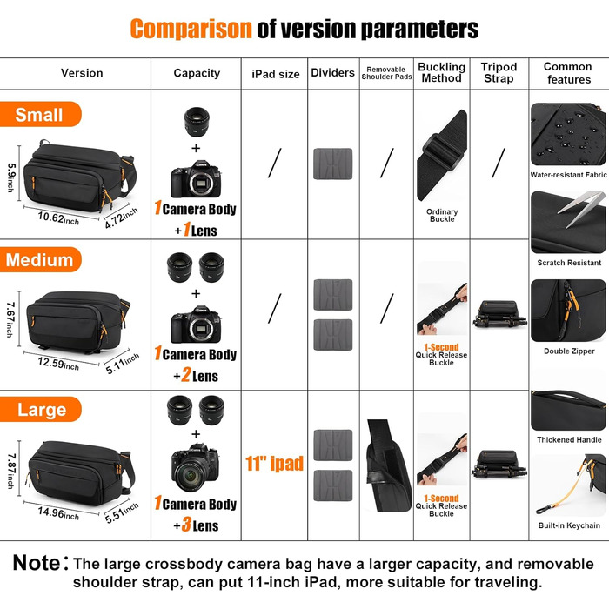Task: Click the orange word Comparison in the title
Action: [x=191, y=29]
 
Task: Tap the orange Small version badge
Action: [x=40, y=114]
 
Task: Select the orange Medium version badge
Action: [x=40, y=259]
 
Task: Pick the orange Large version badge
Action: [x=40, y=410]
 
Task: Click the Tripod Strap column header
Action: [x=499, y=72]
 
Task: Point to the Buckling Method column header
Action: [x=442, y=72]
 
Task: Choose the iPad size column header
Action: [x=276, y=74]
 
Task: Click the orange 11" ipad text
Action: [x=274, y=464]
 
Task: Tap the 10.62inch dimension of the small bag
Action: [x=58, y=217]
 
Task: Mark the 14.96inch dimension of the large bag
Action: [x=58, y=513]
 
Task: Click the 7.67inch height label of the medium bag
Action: [x=10, y=319]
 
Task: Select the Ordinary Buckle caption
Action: [x=442, y=215]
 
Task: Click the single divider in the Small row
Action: [x=333, y=164]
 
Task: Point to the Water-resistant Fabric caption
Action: [x=569, y=175]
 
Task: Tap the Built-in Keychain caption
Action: [x=569, y=525]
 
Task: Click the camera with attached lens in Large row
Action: [x=196, y=468]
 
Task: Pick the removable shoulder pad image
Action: [x=388, y=465]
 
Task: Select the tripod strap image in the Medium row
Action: [x=499, y=314]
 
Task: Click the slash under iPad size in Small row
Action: [x=275, y=164]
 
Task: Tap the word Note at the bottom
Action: [x=37, y=563]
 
